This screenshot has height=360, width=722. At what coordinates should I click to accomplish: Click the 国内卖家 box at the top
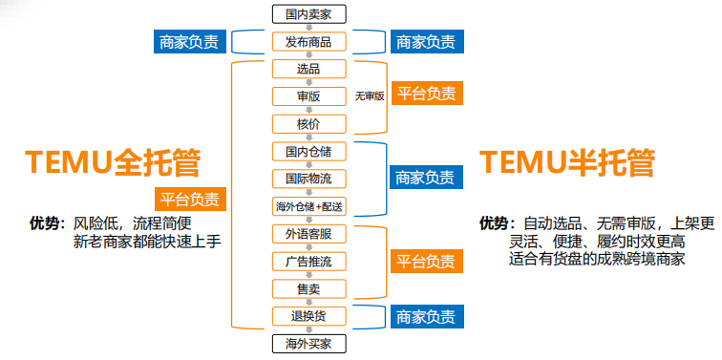[308, 13]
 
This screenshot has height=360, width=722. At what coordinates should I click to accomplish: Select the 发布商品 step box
[308, 41]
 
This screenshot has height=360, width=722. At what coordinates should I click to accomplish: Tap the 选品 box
[308, 69]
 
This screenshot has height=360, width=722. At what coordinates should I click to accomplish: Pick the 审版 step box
[308, 95]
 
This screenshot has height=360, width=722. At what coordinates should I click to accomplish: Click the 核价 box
[308, 123]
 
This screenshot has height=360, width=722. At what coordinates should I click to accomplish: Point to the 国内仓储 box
[308, 151]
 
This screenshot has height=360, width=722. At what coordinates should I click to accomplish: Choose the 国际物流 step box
[308, 179]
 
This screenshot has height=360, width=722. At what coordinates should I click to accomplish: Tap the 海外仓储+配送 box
[308, 206]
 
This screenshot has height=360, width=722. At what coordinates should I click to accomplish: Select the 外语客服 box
[308, 233]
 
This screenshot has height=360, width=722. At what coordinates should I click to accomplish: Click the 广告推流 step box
[308, 261]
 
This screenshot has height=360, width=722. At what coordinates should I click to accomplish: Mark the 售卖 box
[308, 287]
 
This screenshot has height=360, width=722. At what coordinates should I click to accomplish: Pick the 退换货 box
[308, 315]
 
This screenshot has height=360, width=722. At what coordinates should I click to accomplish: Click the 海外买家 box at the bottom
[308, 342]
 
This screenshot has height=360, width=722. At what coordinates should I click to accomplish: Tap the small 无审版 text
[369, 96]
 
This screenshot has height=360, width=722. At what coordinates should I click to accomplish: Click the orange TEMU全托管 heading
[113, 162]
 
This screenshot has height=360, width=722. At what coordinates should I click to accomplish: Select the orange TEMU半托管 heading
[567, 162]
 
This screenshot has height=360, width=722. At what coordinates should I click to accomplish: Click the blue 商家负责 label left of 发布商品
[188, 42]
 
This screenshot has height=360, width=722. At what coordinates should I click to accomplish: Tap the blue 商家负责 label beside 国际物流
[426, 178]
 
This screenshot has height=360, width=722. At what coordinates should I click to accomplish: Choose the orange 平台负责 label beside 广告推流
[426, 261]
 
